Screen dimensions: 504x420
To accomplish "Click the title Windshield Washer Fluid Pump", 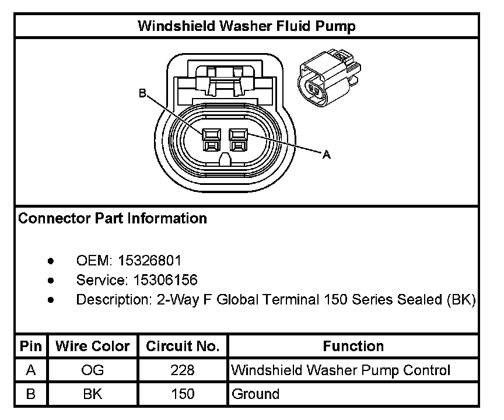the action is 246,26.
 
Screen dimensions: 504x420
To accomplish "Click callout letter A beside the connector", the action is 327,155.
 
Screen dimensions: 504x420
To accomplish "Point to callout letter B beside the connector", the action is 142,93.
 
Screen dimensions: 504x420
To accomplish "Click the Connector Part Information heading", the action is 113,219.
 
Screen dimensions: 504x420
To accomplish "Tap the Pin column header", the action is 31,346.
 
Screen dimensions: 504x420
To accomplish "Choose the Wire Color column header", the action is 93,346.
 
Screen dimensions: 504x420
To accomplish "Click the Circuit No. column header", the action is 183,346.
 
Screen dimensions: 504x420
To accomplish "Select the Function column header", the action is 353,346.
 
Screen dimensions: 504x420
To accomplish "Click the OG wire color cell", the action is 93,370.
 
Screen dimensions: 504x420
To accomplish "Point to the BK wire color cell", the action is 93,394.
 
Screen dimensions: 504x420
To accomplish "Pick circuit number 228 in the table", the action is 183,370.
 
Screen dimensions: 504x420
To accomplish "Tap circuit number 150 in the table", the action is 183,394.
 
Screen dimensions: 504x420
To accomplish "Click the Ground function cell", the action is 256,394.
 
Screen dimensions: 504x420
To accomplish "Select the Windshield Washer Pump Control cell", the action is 341,370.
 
